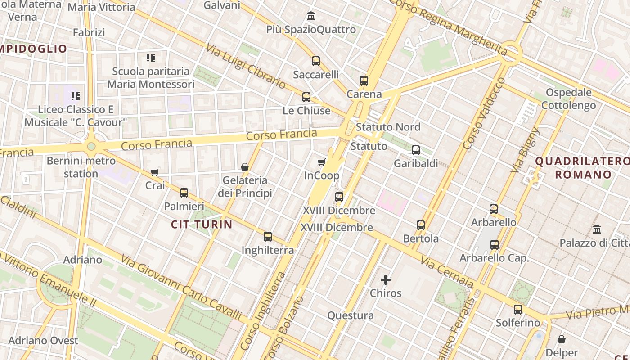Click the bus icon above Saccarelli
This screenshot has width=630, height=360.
[316, 61]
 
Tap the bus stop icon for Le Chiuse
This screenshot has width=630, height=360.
[306, 97]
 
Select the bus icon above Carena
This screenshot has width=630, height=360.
[364, 81]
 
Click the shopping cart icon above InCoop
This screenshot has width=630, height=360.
[321, 162]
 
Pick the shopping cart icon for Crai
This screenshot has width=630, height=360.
[155, 172]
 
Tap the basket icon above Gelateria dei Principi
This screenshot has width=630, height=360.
[245, 167]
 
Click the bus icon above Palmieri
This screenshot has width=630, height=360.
[184, 193]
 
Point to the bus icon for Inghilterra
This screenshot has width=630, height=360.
[268, 237]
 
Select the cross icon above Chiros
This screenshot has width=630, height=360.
[386, 280]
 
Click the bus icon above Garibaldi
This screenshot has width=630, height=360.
[416, 150]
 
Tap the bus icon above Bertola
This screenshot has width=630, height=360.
[421, 225]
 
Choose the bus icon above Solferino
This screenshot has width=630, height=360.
[518, 310]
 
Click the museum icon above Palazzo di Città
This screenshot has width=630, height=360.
[597, 229]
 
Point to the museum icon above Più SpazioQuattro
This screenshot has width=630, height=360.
[311, 16]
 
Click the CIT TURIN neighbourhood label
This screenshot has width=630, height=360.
[202, 224]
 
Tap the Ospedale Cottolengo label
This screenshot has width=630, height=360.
[568, 99]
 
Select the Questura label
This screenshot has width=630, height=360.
[351, 315]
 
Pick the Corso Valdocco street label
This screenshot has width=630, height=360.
[484, 113]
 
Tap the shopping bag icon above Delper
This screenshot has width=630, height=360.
[562, 339]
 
